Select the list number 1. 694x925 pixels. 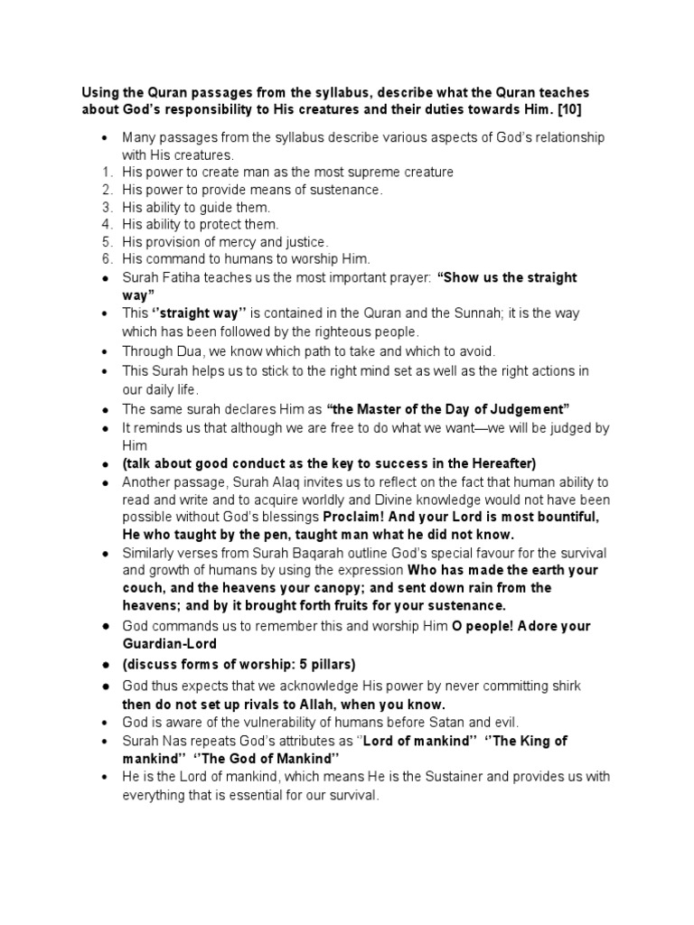coord(105,172)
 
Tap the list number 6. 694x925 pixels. coord(105,259)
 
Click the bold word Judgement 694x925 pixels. coord(530,408)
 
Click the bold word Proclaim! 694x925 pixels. coord(355,518)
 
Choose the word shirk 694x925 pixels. coord(563,687)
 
